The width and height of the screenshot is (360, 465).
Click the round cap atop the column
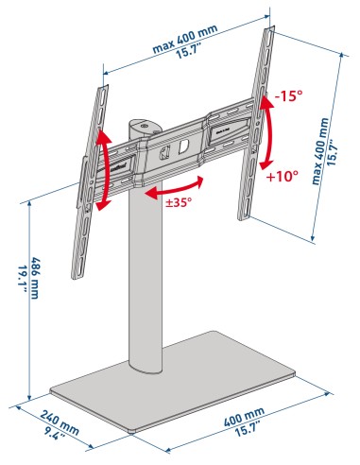[144, 124]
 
